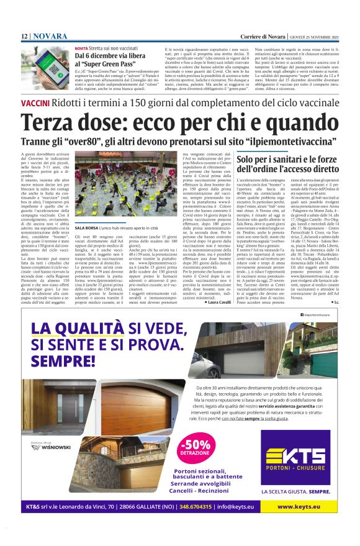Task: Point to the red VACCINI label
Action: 37,101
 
